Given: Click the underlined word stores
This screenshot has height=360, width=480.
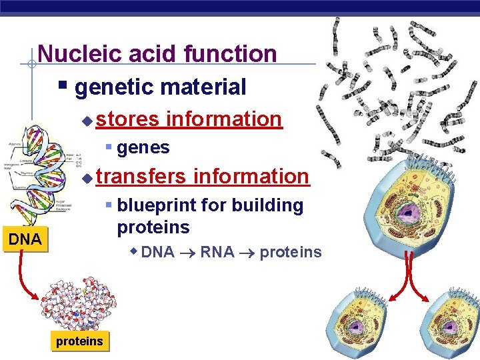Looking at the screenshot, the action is pos(127,119).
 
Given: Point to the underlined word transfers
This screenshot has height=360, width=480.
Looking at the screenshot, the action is pos(141,177).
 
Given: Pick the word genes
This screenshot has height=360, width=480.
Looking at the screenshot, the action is pos(143,147).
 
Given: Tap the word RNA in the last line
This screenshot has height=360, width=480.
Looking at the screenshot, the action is pos(217,252).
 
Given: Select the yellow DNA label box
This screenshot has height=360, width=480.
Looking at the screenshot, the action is pos(25,239).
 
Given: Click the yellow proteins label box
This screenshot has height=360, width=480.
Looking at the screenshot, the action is pos(79,341).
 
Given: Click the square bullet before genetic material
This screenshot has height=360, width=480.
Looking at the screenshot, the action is pos(63,86).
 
